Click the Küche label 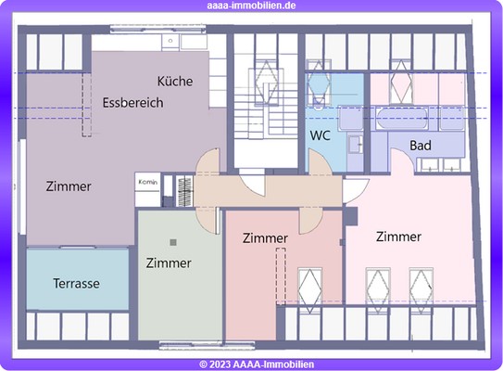[x=175, y=82]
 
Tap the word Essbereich [x=133, y=103]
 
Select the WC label [x=321, y=135]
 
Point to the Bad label [x=421, y=146]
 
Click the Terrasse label [x=76, y=284]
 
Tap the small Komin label [x=148, y=182]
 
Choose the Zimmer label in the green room [x=169, y=263]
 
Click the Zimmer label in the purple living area [x=69, y=186]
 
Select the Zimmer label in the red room [x=265, y=238]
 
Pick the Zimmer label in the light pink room [x=398, y=237]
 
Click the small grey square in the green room [x=173, y=242]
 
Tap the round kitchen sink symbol [x=170, y=41]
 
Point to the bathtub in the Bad [x=402, y=119]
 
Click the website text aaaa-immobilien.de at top [x=251, y=6]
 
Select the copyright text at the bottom [x=257, y=365]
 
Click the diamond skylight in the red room [x=310, y=290]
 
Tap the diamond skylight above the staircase [x=266, y=82]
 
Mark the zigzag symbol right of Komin [x=184, y=191]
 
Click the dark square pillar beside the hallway [x=351, y=216]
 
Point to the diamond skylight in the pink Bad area [x=401, y=81]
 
